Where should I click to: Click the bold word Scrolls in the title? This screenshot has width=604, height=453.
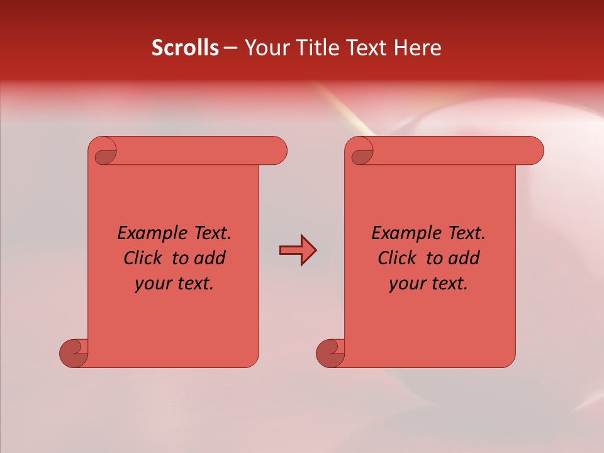185,48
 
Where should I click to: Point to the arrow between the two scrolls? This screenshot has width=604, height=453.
298,250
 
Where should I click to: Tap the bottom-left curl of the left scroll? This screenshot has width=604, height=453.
74,353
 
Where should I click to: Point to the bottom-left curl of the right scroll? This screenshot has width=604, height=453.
330,353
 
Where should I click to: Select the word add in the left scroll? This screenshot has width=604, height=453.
210,258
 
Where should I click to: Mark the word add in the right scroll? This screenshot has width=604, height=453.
464,258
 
